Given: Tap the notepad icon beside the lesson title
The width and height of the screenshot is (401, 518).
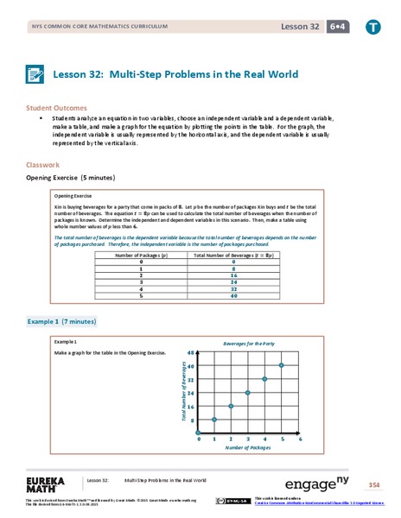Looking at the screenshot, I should pyautogui.click(x=39, y=75).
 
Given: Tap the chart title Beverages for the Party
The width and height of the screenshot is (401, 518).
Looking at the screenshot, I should pyautogui.click(x=248, y=343).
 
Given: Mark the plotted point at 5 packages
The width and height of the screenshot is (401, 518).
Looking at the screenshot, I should pyautogui.click(x=281, y=364).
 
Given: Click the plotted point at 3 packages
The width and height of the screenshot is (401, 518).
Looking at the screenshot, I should pyautogui.click(x=248, y=392).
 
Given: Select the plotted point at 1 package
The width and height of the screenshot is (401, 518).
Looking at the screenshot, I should pyautogui.click(x=214, y=420).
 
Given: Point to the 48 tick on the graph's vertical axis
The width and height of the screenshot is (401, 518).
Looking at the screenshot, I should pyautogui.click(x=191, y=352).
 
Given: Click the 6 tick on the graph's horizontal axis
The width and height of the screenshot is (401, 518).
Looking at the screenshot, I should pyautogui.click(x=298, y=440).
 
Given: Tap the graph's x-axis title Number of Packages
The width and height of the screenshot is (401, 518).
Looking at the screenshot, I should pyautogui.click(x=248, y=449).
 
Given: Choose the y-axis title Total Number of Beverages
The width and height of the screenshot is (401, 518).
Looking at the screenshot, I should pyautogui.click(x=183, y=394).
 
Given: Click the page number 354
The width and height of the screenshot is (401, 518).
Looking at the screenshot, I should pyautogui.click(x=373, y=483).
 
